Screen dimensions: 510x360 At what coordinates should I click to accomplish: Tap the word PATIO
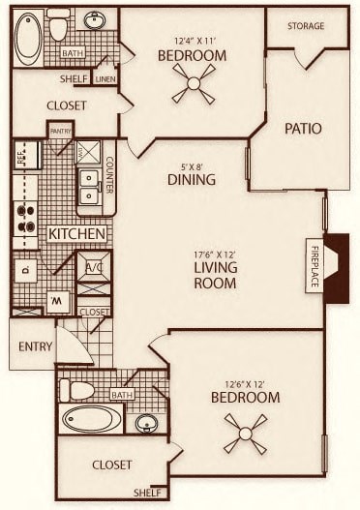coord(302,129)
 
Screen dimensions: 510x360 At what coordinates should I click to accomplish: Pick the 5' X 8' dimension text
coord(190,165)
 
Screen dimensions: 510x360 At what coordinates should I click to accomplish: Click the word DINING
coord(190,179)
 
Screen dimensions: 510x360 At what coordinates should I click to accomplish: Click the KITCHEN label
coord(76,234)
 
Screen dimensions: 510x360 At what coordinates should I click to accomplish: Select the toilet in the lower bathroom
coord(77,390)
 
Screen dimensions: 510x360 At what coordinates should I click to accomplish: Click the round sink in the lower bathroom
coord(146,423)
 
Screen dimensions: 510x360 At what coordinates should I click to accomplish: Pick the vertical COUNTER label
coord(109,173)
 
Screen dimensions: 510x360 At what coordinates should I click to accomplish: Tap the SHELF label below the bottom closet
coord(148,491)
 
